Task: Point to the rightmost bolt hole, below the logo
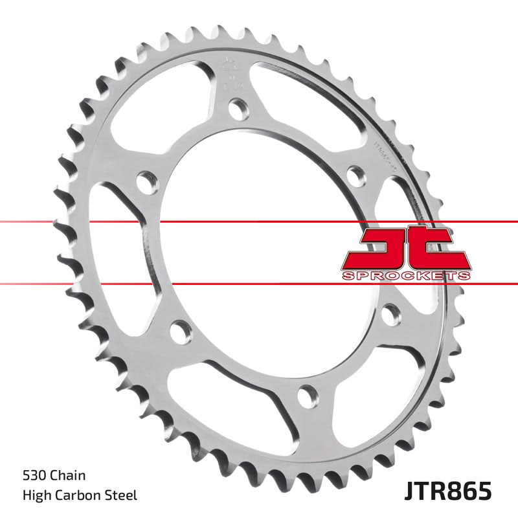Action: coord(389,315)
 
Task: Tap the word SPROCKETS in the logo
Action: coord(406,276)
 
